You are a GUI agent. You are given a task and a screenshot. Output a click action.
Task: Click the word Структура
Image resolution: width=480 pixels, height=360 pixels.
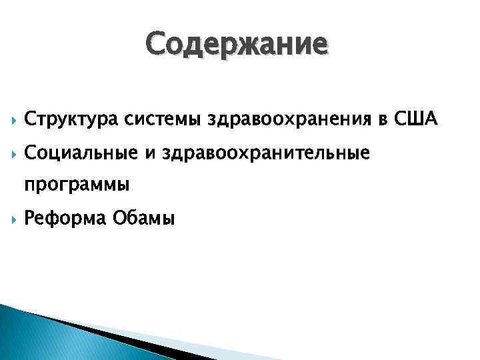63,119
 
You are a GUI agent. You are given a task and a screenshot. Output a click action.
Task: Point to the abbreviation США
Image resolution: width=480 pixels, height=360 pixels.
415,119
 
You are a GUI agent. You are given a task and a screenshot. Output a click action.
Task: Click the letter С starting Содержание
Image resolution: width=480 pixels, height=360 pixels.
156,45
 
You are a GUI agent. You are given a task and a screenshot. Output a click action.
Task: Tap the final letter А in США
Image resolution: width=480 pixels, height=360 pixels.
429,119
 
